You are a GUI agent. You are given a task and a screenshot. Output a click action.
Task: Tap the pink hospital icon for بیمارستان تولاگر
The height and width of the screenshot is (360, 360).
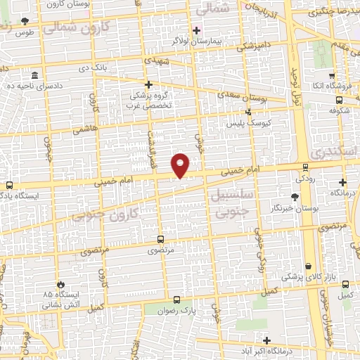196,31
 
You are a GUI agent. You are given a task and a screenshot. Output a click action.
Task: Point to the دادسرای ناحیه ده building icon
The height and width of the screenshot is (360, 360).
34,75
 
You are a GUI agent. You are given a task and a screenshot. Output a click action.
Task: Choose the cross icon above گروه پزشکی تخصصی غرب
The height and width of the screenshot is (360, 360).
148,84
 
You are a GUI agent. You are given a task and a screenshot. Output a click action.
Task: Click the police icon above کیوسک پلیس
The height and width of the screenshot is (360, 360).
247,112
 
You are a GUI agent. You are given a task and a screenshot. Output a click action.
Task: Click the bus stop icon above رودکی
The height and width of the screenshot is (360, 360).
304,167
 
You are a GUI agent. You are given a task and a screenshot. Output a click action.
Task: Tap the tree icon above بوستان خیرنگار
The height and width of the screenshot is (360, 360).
295,197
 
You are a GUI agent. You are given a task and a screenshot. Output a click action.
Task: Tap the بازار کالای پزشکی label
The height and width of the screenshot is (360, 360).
303,277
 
